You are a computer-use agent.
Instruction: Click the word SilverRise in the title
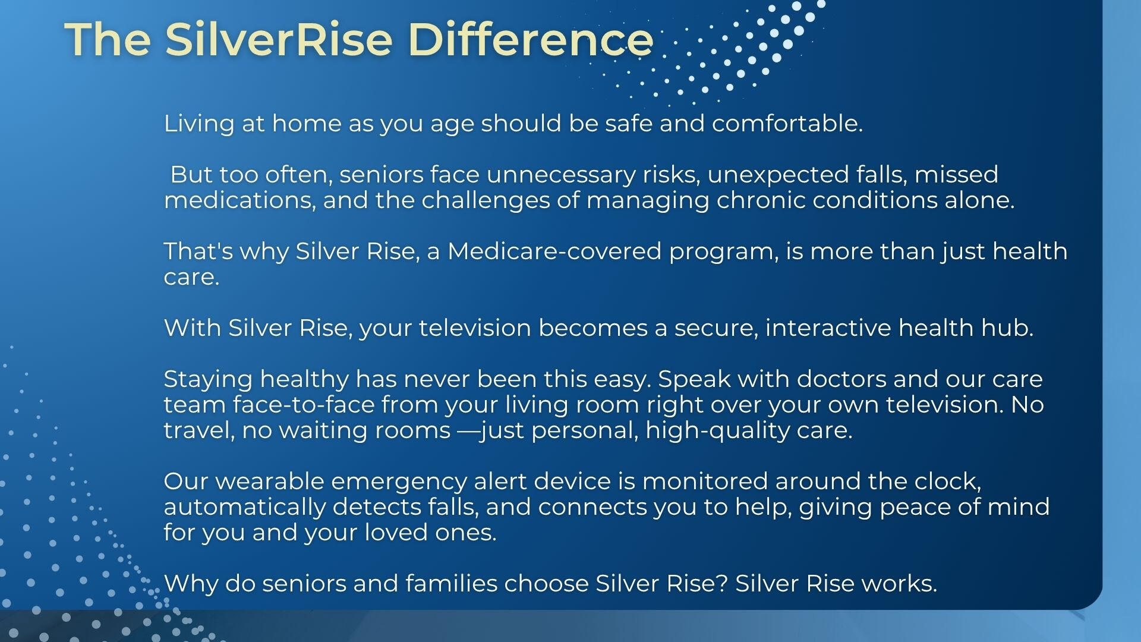(279, 39)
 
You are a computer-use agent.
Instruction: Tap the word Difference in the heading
(531, 39)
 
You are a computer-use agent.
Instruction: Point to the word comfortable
(787, 123)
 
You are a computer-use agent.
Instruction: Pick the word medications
(239, 200)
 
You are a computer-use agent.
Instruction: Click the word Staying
(208, 380)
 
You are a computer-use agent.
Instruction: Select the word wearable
(269, 481)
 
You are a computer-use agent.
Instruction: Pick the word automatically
(245, 508)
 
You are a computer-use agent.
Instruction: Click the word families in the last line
(452, 583)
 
